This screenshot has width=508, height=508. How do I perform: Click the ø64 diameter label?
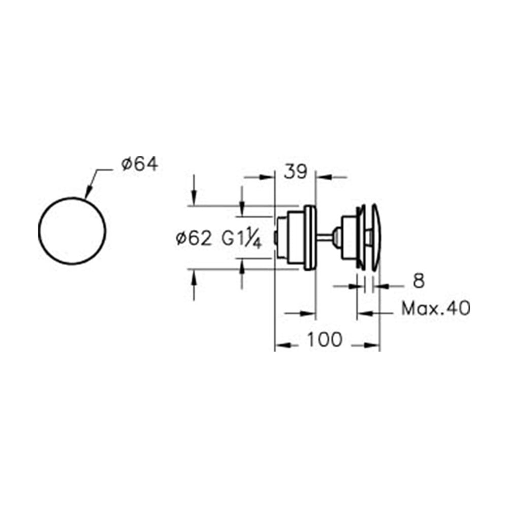(140, 164)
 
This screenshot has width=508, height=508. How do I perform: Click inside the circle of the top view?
(72, 231)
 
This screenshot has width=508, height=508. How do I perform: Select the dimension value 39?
(295, 172)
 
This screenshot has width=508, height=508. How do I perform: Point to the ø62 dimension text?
(194, 239)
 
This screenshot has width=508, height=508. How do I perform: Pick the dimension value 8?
(419, 281)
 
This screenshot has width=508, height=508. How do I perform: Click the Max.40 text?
(436, 308)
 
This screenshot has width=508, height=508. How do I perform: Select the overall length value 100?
(324, 339)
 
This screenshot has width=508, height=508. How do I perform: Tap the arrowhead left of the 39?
(267, 177)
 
